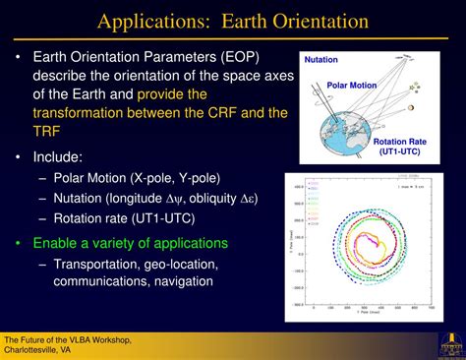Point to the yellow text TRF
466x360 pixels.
[x=48, y=132]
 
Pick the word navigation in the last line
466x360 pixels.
[x=187, y=282]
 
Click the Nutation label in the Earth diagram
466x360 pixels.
[x=321, y=61]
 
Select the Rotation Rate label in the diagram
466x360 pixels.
[x=403, y=143]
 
